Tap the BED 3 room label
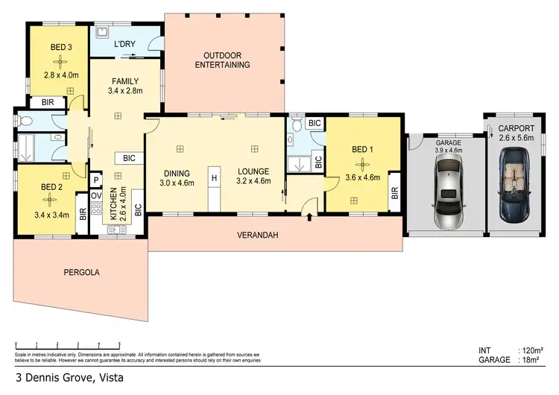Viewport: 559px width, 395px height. pyautogui.click(x=61, y=48)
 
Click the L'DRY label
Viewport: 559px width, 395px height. pyautogui.click(x=124, y=45)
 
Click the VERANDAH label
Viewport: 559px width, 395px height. pyautogui.click(x=257, y=235)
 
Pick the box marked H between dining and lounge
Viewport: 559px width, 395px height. pyautogui.click(x=214, y=178)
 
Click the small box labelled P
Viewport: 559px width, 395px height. pyautogui.click(x=96, y=180)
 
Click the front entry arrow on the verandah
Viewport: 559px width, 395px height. pyautogui.click(x=309, y=217)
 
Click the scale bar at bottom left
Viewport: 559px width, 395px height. pyautogui.click(x=67, y=344)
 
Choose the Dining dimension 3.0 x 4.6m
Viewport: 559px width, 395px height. pyautogui.click(x=177, y=182)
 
